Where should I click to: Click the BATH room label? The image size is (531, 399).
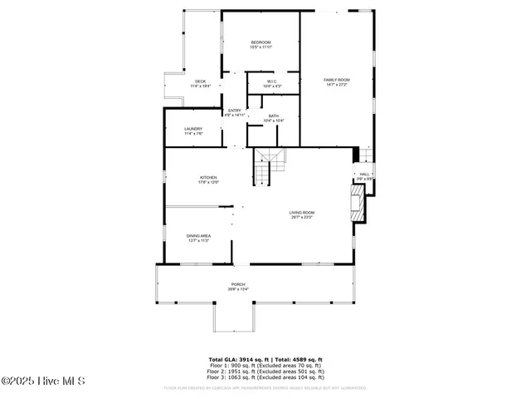pyautogui.click(x=273, y=118)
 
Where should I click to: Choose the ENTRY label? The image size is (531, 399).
pyautogui.click(x=235, y=112)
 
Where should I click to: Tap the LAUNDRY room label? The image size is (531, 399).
pyautogui.click(x=192, y=131)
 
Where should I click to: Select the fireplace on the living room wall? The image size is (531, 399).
pyautogui.click(x=357, y=204)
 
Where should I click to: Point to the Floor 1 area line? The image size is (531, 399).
pyautogui.click(x=265, y=365)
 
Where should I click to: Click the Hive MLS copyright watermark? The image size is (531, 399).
pyautogui.click(x=43, y=382)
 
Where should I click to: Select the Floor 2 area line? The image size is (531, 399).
pyautogui.click(x=265, y=371)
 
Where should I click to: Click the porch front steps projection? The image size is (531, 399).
pyautogui.click(x=235, y=316)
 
